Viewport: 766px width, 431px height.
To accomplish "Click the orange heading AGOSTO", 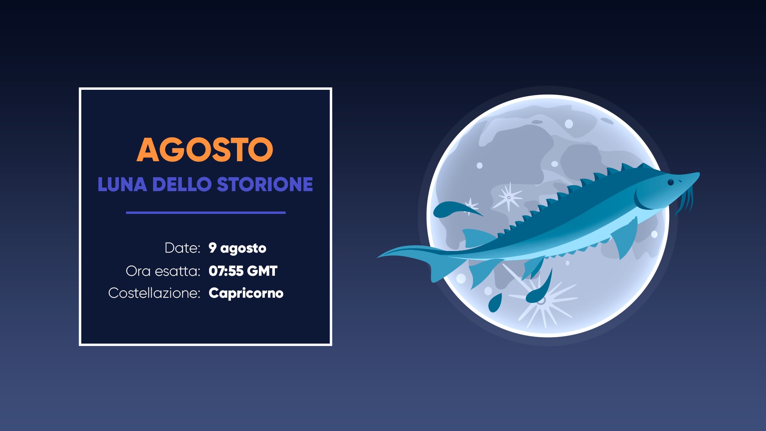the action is [205, 150].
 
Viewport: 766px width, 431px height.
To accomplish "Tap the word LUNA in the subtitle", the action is [122, 184].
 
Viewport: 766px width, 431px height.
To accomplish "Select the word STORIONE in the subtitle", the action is [265, 184].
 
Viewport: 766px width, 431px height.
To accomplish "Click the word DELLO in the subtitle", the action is [182, 184].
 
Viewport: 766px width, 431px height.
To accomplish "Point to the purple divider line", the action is [206, 213].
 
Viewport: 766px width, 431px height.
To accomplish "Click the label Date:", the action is [182, 248].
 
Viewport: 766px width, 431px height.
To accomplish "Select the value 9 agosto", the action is [237, 248].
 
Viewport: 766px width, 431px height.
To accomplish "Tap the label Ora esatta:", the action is [163, 271].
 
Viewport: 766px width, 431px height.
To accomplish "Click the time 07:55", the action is [226, 271].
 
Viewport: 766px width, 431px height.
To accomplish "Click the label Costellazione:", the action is [154, 293].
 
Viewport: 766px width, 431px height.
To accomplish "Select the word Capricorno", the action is [246, 293].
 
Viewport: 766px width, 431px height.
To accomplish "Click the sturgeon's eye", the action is [671, 182].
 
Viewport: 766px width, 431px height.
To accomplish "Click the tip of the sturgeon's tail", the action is [377, 257].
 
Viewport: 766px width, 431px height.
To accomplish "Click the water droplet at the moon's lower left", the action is [495, 303].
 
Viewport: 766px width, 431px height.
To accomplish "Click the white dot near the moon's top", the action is [569, 124].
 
